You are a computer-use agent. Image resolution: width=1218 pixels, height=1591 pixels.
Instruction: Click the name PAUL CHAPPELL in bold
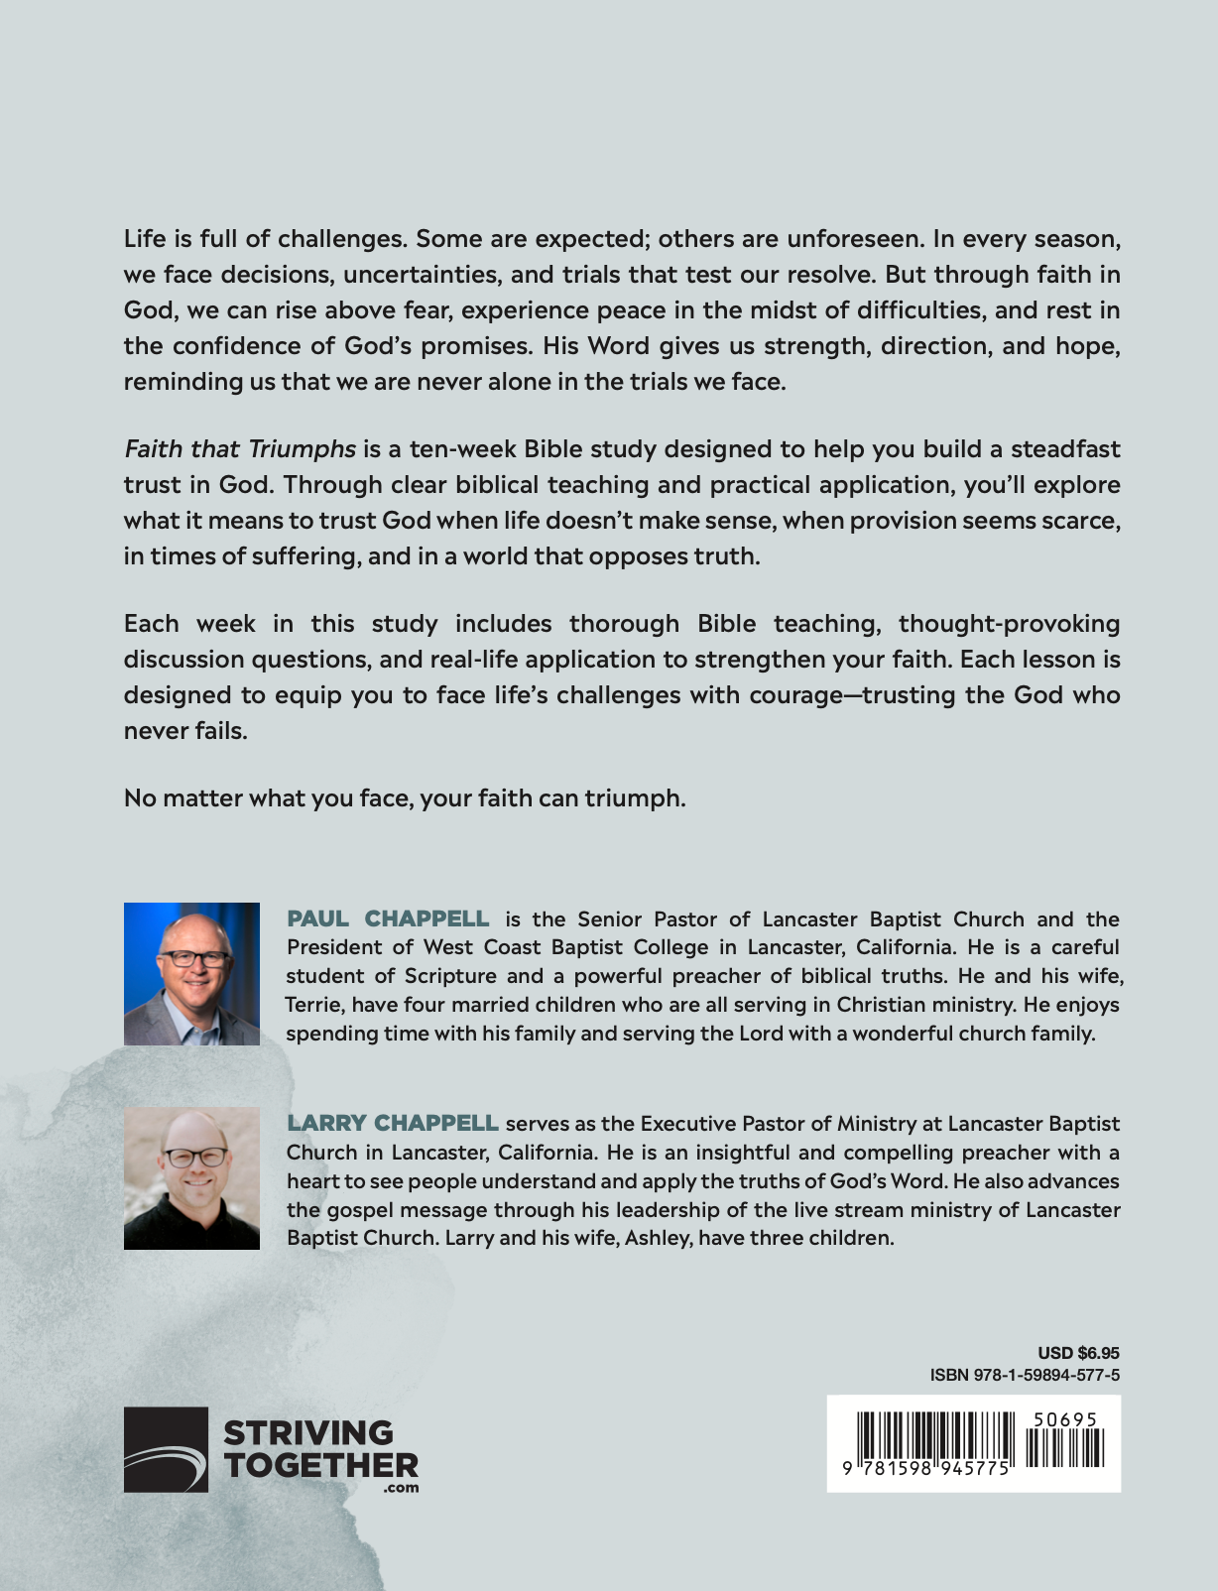[388, 918]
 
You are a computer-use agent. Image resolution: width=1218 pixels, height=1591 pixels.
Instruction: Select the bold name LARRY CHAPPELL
[393, 1123]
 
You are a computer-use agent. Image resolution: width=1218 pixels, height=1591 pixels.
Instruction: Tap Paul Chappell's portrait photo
[191, 973]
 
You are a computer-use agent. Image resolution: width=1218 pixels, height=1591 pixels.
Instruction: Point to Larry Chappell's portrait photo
[191, 1177]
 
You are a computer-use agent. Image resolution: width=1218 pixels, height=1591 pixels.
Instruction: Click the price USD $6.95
[1078, 1352]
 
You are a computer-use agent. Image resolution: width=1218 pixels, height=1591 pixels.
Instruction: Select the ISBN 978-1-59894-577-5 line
[1025, 1375]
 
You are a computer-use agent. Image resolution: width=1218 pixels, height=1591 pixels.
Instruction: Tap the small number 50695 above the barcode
[1064, 1419]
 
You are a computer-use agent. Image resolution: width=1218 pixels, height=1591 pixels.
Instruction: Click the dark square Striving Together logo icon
[166, 1449]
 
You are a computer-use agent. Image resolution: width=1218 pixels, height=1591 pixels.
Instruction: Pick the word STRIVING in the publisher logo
[308, 1433]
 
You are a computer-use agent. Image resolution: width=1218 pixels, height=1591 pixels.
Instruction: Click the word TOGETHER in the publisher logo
[320, 1465]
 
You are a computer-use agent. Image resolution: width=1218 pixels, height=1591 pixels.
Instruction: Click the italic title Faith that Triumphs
[240, 449]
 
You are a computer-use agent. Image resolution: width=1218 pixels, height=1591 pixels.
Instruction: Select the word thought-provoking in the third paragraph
[1009, 624]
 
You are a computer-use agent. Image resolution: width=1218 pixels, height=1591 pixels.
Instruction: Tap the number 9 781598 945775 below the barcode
[927, 1469]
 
